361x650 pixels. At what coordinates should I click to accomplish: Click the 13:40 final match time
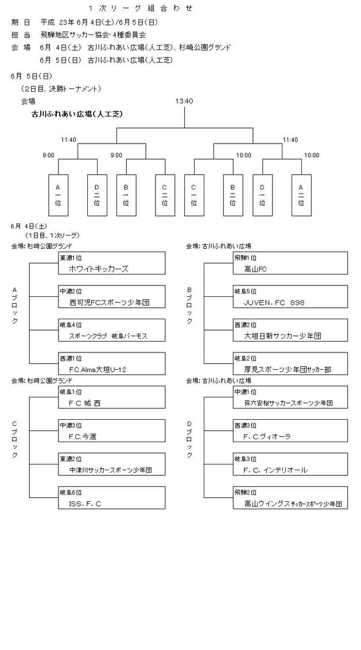click(x=184, y=101)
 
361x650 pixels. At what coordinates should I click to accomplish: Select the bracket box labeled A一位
click(x=58, y=195)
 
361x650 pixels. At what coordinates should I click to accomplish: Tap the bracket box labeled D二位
click(x=96, y=195)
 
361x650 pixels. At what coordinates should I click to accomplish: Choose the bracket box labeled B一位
click(x=126, y=195)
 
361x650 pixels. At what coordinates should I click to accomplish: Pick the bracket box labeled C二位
click(x=165, y=195)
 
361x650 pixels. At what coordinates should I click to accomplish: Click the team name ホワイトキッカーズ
click(x=98, y=269)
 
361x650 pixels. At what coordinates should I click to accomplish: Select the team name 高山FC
click(x=255, y=269)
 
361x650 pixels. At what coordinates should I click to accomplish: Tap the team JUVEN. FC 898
click(x=274, y=302)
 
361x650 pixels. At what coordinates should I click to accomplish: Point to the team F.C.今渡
click(x=82, y=437)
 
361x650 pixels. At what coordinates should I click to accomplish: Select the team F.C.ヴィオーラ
click(x=267, y=437)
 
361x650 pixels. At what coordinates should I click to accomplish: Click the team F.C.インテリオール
click(x=275, y=470)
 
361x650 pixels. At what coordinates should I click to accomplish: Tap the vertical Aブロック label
click(x=15, y=305)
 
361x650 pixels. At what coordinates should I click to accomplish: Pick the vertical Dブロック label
click(x=189, y=440)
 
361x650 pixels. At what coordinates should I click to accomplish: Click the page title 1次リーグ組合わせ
click(x=141, y=8)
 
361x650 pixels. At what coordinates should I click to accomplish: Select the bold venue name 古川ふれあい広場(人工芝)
click(x=77, y=114)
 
